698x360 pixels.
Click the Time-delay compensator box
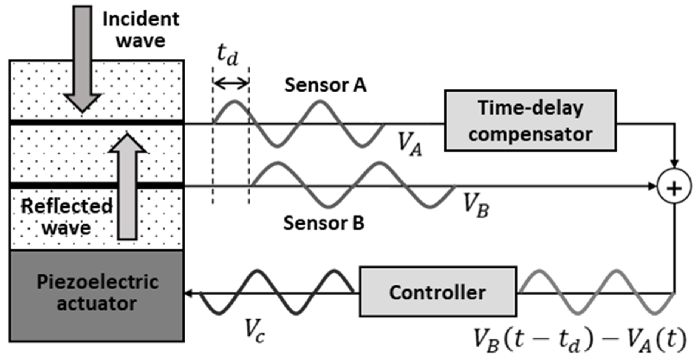pyautogui.click(x=530, y=120)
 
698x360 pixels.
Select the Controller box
pyautogui.click(x=437, y=292)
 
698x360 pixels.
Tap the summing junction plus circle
pyautogui.click(x=674, y=186)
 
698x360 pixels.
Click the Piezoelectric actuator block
pyautogui.click(x=97, y=295)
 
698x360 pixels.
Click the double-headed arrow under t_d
pyautogui.click(x=231, y=83)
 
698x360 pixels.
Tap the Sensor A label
pyautogui.click(x=325, y=85)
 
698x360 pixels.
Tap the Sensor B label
pyautogui.click(x=324, y=223)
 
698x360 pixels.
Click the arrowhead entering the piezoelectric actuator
pyautogui.click(x=188, y=293)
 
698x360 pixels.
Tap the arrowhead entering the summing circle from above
pyautogui.click(x=674, y=164)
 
